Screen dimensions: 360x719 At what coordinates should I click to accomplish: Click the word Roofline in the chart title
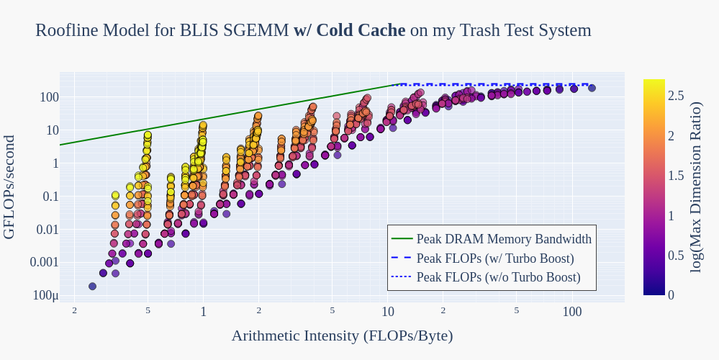[x=66, y=30]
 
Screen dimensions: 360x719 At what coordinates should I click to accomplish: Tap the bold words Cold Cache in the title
[x=361, y=30]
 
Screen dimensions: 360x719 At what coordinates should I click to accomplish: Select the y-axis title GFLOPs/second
[x=9, y=186]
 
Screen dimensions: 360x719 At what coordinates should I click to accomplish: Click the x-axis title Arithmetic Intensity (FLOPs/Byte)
[x=342, y=336]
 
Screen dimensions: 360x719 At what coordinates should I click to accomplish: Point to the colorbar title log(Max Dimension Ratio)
[x=696, y=186]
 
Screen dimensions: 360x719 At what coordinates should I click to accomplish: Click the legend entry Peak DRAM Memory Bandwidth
[x=504, y=239]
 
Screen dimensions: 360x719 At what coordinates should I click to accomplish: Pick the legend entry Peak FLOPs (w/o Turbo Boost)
[x=498, y=276]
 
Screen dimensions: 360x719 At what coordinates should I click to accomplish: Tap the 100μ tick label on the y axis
[x=46, y=295]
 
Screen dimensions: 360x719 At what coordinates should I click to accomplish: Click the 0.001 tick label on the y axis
[x=45, y=262]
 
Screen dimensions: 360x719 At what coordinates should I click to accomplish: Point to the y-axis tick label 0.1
[x=50, y=197]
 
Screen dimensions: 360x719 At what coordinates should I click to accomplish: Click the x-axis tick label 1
[x=203, y=312]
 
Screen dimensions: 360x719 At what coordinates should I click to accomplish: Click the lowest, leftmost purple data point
[x=92, y=287]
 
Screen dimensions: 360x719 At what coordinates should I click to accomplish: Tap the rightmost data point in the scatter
[x=592, y=88]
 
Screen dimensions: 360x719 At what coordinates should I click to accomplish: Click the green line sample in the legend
[x=402, y=239]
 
